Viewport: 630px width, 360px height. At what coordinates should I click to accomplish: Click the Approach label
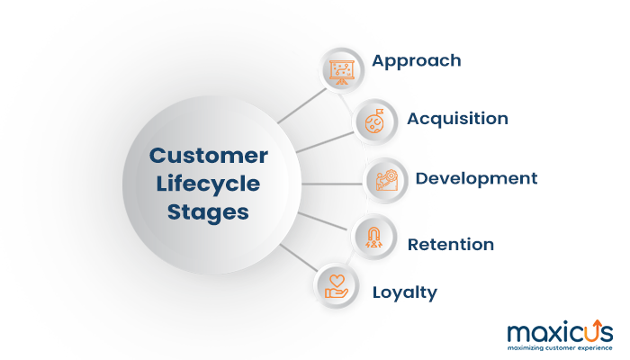(417, 61)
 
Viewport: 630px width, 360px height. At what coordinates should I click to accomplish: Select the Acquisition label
(457, 119)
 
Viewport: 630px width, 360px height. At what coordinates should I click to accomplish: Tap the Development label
(476, 178)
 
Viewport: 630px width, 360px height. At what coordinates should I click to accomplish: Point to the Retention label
(450, 244)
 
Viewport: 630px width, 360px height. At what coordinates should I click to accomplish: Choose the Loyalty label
(405, 292)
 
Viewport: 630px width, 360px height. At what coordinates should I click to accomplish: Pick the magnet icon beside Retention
(373, 237)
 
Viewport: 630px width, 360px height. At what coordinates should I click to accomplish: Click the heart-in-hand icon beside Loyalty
(335, 285)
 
